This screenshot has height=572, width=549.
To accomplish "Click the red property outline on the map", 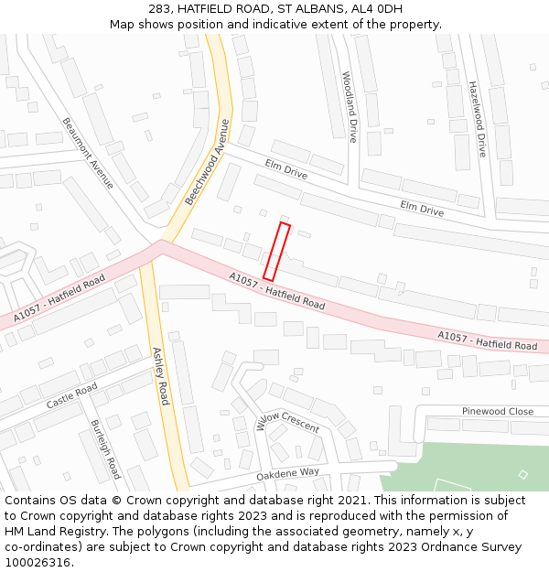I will pos(276,252).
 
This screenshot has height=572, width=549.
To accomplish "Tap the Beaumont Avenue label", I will pos(88,153).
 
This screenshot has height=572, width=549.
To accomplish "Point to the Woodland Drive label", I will pos(349,107).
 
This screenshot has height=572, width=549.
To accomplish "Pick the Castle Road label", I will pos(71,396).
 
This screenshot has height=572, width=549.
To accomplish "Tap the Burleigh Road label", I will pos(105,449).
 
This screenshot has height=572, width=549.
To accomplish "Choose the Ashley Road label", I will pos(161,376).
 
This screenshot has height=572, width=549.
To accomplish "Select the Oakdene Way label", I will pos(287,472).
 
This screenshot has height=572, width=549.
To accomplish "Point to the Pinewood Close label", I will pos(497,412).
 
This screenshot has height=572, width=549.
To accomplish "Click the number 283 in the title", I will pos(158,9).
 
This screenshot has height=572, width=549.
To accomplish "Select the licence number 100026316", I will pos(38,563).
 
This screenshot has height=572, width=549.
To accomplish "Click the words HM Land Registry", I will pos(51,532).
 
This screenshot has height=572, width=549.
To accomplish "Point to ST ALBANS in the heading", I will pos(309,9).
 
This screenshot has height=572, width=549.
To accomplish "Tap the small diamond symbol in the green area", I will pos(522,474).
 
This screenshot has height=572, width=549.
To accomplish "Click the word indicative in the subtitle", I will pos(274,24).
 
